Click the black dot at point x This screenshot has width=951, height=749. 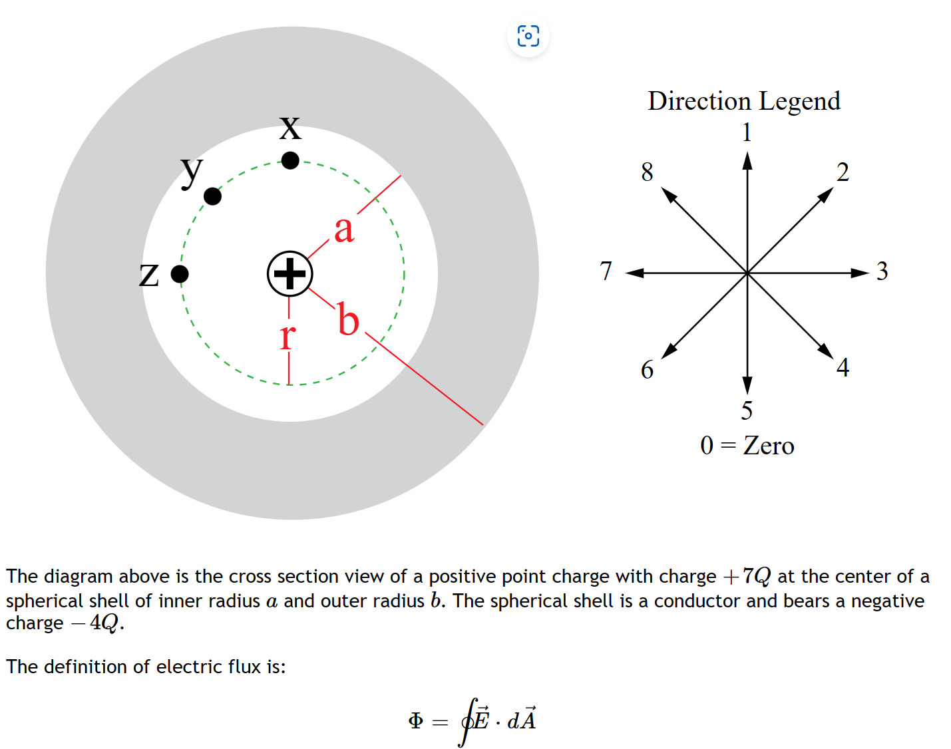[x=290, y=160]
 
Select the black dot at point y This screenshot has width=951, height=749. [x=212, y=196]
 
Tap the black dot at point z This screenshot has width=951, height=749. [x=180, y=273]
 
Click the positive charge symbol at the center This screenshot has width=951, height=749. [x=289, y=273]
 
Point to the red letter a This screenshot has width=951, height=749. [x=343, y=229]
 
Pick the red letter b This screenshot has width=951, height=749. [x=348, y=319]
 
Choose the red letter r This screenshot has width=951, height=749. [x=287, y=337]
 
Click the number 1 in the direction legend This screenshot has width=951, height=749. [x=747, y=132]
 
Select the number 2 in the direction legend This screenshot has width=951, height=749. [x=843, y=172]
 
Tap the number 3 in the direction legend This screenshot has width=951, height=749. [x=882, y=271]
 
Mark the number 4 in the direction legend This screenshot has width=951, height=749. [x=843, y=367]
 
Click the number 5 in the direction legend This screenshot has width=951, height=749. [x=747, y=410]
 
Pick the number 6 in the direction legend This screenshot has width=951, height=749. [x=647, y=370]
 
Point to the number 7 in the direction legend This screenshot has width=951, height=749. [x=606, y=271]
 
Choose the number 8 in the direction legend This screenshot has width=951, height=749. [x=647, y=172]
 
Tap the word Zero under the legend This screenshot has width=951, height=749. [x=769, y=446]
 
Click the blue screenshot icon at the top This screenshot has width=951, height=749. [x=528, y=36]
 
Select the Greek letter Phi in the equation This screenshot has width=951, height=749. [x=416, y=721]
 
